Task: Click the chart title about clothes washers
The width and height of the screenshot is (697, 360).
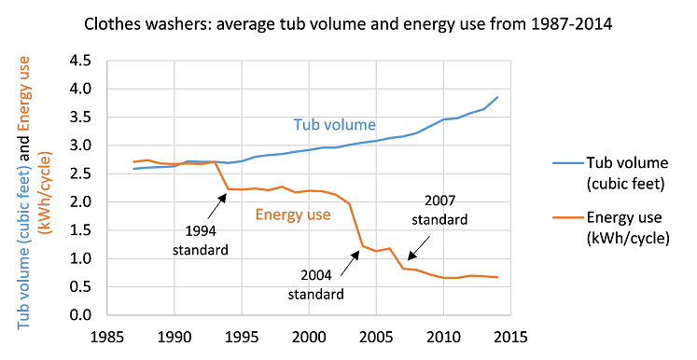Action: (347, 22)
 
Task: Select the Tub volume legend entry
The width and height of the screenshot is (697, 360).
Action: (616, 173)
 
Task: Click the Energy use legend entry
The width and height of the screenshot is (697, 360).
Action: (616, 229)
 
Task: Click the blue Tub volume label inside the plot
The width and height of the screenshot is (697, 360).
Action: (334, 124)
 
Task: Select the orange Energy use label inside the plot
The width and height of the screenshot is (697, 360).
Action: (292, 215)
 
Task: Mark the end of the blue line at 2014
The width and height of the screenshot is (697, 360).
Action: (497, 97)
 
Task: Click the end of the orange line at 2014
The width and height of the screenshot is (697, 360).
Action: (497, 277)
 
